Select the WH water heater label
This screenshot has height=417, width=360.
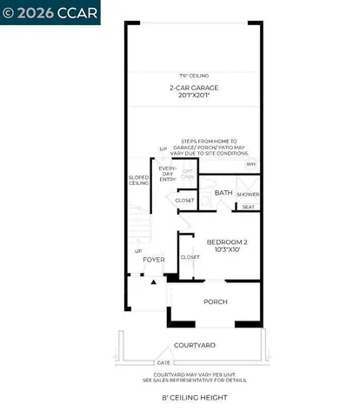tap(250, 163)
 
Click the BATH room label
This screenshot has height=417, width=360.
tap(223, 193)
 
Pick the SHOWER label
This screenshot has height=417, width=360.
tap(250, 195)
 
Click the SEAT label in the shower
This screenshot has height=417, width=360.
tap(249, 207)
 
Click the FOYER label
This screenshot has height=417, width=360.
tap(154, 259)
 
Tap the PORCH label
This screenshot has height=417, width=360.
tap(215, 302)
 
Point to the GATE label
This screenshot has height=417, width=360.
tap(162, 361)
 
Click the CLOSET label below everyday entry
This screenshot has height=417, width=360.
tap(184, 201)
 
